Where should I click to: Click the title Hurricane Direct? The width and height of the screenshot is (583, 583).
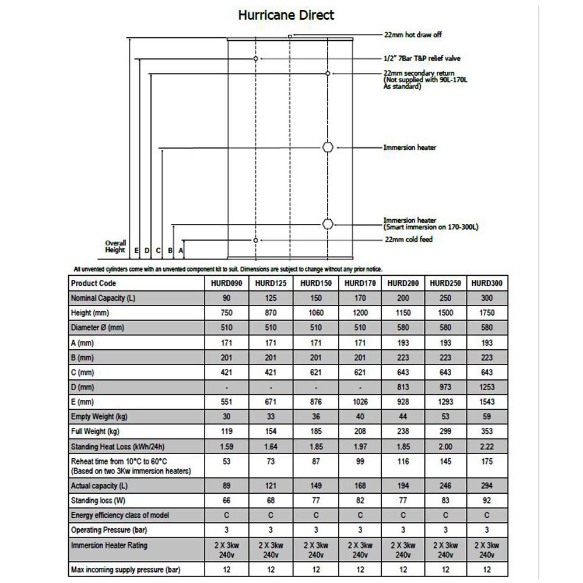[x=286, y=15]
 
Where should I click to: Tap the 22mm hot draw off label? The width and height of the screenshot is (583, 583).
[x=413, y=35]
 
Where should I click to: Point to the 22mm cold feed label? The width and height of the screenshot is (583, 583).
[x=408, y=240]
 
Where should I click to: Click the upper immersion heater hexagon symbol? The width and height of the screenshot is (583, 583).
[x=328, y=147]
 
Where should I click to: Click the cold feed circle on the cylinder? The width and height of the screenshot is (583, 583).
[x=255, y=240]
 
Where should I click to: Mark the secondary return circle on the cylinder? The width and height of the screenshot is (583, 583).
[x=328, y=73]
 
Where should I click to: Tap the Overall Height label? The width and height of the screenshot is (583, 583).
[x=115, y=247]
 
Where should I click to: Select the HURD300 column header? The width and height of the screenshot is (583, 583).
[x=487, y=283]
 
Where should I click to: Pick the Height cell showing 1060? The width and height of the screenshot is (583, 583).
[x=315, y=313]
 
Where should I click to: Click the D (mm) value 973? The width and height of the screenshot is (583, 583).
[x=445, y=387]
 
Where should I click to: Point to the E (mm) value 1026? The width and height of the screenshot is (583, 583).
[x=360, y=402]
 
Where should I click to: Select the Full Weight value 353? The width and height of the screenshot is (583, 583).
[x=487, y=431]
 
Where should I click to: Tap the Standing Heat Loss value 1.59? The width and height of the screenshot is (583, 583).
[x=227, y=446]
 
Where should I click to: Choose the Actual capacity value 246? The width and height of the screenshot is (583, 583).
[x=445, y=486]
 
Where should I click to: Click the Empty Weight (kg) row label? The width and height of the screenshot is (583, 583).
[x=99, y=417]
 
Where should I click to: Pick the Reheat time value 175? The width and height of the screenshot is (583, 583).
[x=487, y=461]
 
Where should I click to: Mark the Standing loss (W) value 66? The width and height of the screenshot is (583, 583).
[x=227, y=501]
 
